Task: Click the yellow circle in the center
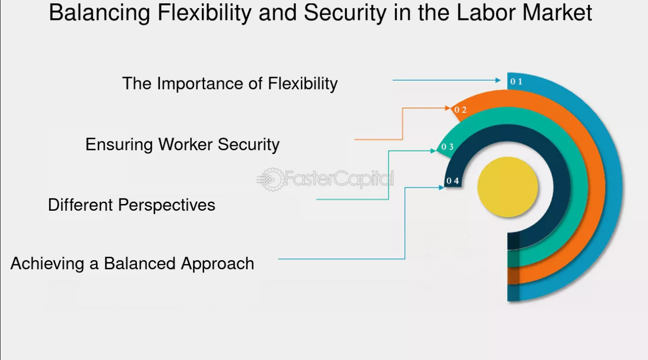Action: coord(508,187)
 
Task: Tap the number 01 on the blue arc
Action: coord(516,81)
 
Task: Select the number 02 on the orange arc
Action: coord(461,110)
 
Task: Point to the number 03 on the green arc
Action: coord(447,147)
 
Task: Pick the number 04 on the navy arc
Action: coord(453,181)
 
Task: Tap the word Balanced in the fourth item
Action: coord(140,263)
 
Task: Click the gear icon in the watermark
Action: coord(271,180)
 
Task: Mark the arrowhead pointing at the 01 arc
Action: coord(498,80)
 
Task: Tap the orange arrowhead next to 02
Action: coord(448,108)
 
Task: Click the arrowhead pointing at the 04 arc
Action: coord(441,188)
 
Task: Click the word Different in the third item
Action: coord(80,205)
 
